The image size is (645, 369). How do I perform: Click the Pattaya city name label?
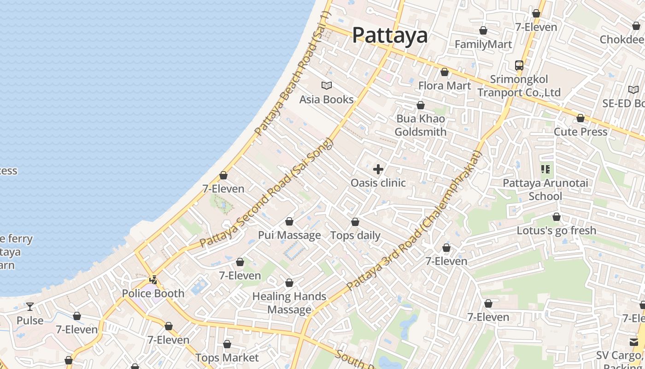tap(390, 35)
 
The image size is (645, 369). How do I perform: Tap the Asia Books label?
tap(326, 99)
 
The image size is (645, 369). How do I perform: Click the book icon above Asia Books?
tap(326, 85)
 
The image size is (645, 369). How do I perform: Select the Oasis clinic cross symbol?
tap(378, 169)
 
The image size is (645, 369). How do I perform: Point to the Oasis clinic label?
tap(378, 183)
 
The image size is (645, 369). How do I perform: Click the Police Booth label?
tap(153, 293)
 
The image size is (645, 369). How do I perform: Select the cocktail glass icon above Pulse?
tap(30, 307)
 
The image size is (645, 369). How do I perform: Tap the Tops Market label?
tap(227, 357)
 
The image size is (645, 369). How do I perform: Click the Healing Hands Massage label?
tap(289, 303)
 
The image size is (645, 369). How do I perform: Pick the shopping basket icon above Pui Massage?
tap(289, 222)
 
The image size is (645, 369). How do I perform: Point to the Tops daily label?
tap(355, 235)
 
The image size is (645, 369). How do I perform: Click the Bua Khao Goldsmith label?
tap(420, 125)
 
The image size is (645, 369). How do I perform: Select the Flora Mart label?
tap(445, 85)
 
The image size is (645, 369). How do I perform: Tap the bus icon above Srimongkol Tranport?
tap(519, 65)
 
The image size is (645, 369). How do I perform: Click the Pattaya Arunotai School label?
tap(545, 190)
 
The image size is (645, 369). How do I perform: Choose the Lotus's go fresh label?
tap(556, 230)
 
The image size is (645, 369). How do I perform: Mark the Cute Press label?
tap(580, 131)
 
